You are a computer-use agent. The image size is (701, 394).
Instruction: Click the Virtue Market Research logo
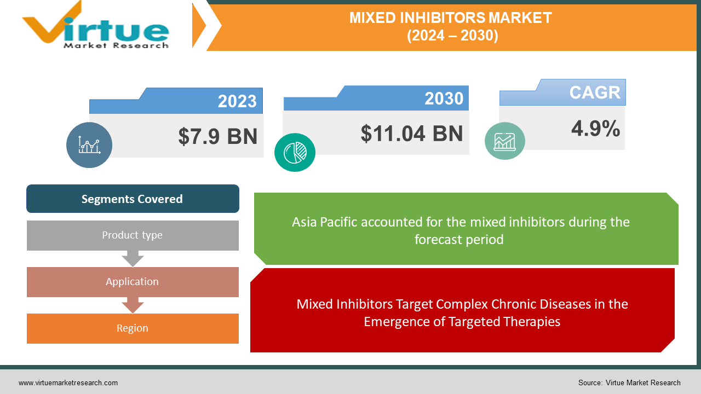(x=95, y=25)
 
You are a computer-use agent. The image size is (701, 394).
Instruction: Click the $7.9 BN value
(x=218, y=136)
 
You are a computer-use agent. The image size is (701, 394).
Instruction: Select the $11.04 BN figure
(x=411, y=134)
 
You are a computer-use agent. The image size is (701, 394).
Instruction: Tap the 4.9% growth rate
(x=595, y=128)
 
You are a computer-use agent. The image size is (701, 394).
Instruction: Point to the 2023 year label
(x=237, y=101)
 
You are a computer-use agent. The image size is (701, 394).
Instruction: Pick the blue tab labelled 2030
(x=376, y=98)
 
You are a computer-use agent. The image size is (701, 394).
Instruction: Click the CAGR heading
(x=595, y=92)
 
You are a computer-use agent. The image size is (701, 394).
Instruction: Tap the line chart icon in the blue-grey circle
(x=89, y=145)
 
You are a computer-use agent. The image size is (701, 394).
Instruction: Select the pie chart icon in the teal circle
(x=295, y=153)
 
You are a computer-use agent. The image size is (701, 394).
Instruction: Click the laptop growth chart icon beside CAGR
(x=504, y=141)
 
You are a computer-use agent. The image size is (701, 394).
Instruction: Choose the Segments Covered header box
(x=133, y=199)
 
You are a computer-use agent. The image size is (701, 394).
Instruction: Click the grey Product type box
(x=133, y=235)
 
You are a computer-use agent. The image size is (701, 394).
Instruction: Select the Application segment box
(x=133, y=282)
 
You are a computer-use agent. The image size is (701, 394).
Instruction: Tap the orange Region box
(x=133, y=328)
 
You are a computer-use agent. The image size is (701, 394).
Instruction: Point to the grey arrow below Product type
(x=133, y=259)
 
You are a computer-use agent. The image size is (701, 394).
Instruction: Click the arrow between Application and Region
(x=133, y=305)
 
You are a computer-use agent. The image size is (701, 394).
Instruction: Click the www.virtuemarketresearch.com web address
(x=68, y=383)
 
